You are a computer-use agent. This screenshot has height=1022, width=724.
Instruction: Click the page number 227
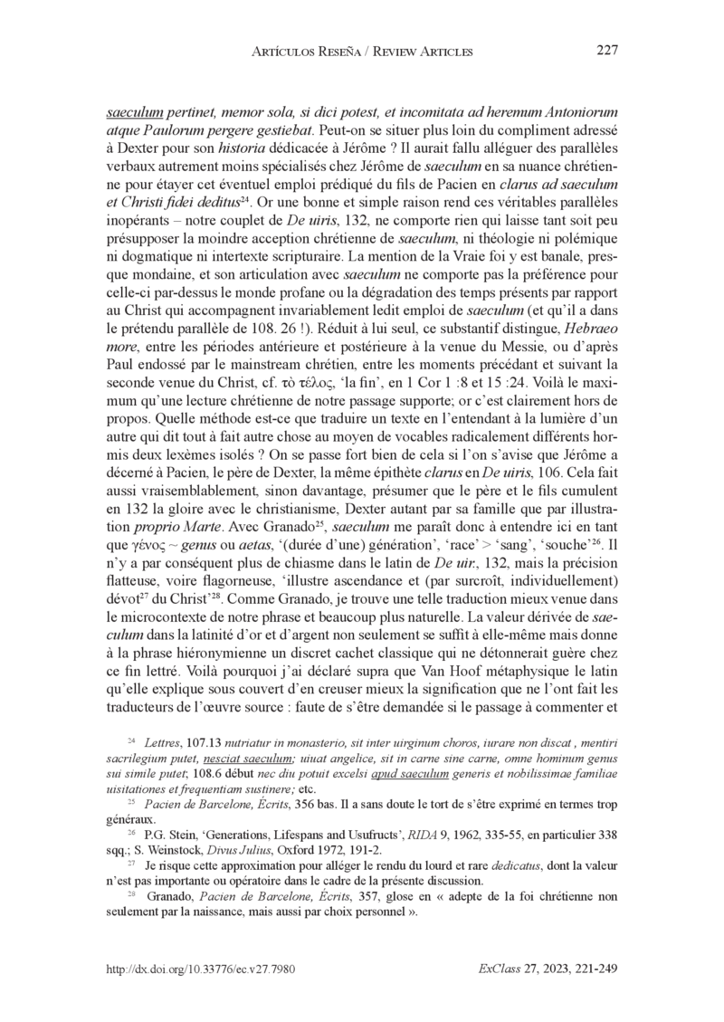[605, 51]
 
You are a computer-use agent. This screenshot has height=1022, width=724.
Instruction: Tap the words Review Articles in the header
[423, 52]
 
